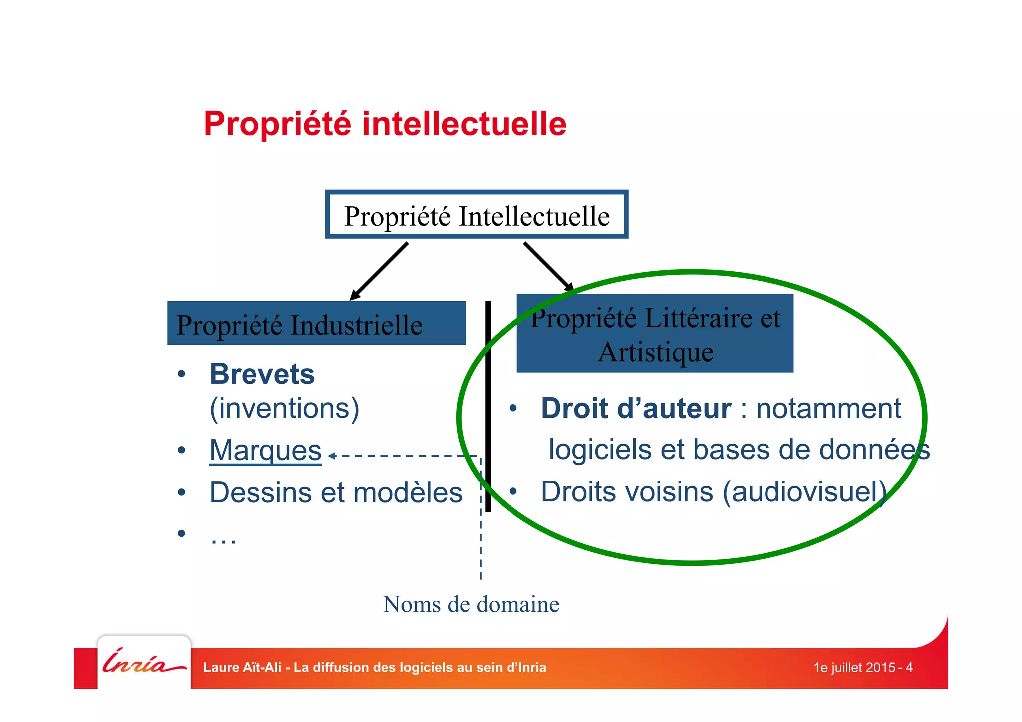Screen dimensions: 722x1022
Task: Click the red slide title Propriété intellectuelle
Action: pos(385,124)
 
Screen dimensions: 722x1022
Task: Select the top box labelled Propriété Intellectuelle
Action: pos(477,215)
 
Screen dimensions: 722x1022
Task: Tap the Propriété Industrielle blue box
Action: pos(316,324)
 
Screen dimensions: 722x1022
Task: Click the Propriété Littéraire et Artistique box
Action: pos(655,334)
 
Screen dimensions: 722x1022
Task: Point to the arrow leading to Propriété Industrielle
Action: pos(379,271)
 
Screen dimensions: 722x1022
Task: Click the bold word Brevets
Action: pos(262,374)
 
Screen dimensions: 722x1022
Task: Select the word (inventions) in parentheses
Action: pos(284,408)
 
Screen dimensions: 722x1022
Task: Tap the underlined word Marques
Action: pos(265,450)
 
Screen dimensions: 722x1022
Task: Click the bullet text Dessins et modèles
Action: pos(335,493)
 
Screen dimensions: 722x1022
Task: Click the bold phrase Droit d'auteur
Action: pos(636,408)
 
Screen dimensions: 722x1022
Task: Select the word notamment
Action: pos(828,408)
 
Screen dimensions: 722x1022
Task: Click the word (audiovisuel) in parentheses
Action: pos(805,492)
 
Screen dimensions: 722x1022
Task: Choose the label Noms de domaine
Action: pos(471,604)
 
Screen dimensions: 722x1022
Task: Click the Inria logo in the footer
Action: pos(144,662)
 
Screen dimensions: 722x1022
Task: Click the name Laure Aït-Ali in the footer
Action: pos(243,668)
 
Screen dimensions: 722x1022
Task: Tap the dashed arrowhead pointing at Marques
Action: pos(331,456)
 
